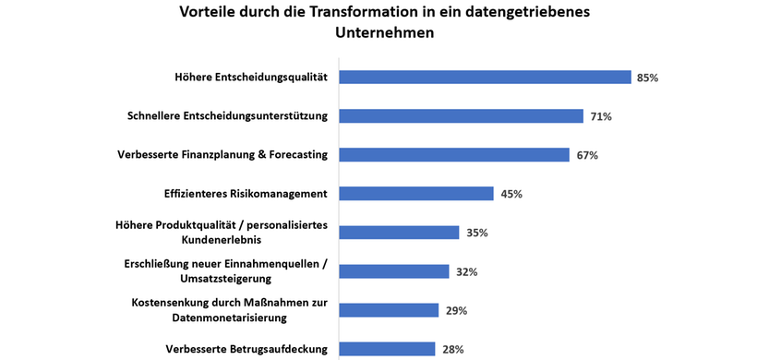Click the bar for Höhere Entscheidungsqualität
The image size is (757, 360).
[x=485, y=78]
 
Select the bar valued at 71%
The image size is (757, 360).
[x=461, y=116]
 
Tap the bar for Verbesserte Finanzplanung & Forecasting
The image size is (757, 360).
[x=454, y=155]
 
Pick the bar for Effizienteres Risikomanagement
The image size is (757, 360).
[x=416, y=194]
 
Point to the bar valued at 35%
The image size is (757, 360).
[x=399, y=233]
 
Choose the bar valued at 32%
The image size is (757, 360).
[x=394, y=271]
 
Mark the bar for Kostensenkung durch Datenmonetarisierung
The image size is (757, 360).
[x=389, y=310]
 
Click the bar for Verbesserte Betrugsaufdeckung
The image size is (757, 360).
[x=387, y=349]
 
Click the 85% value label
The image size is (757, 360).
[x=647, y=78]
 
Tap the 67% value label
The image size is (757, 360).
[x=587, y=155]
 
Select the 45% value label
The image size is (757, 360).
[x=511, y=194]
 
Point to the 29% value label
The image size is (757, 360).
[x=456, y=310]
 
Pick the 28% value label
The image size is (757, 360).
[x=452, y=349]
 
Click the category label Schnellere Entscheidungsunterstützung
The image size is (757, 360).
[x=227, y=116]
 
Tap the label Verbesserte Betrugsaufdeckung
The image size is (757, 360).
[x=246, y=349]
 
